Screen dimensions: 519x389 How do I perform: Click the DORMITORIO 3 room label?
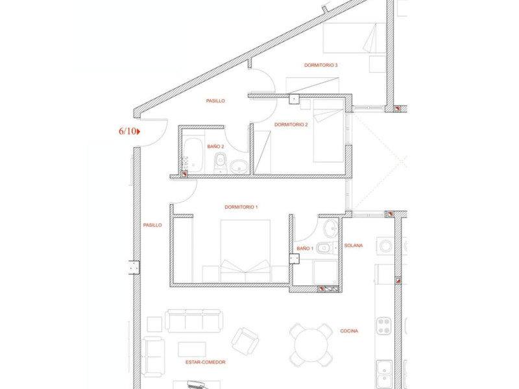[320, 65]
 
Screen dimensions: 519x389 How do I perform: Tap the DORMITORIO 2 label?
[291, 124]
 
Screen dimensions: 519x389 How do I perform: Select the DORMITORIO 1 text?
[241, 207]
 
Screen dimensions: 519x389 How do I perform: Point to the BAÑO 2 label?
[215, 147]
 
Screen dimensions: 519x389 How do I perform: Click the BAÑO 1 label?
[305, 248]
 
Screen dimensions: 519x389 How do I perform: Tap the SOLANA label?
[353, 246]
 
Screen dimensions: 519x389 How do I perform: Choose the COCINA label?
[349, 331]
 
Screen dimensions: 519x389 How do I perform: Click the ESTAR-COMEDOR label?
[205, 362]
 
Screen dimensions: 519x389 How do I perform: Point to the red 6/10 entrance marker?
[129, 132]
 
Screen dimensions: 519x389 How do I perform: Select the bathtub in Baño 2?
[192, 155]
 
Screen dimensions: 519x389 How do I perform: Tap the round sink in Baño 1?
[331, 228]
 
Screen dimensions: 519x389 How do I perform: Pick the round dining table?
[311, 346]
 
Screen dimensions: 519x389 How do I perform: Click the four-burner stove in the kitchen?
[384, 326]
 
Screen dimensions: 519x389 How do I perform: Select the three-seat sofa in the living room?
[194, 320]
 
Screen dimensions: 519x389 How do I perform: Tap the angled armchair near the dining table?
[245, 342]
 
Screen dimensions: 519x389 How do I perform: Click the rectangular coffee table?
[192, 349]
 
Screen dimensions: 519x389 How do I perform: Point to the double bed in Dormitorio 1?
[245, 251]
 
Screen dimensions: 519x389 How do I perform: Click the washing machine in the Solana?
[385, 246]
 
